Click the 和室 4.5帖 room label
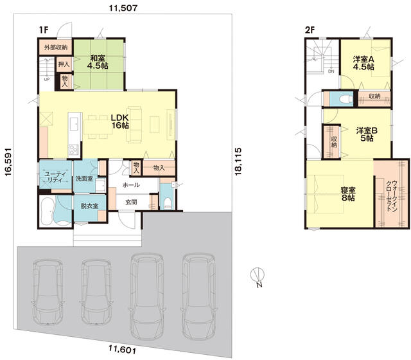[x=98, y=62]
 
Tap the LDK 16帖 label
[x=120, y=122]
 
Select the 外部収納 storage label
[x=56, y=48]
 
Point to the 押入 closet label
[x=64, y=64]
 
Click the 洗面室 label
[x=84, y=179]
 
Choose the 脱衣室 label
[x=89, y=206]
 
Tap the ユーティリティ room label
[x=55, y=177]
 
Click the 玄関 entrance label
[x=131, y=202]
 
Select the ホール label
[x=131, y=185]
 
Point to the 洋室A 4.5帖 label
[x=363, y=63]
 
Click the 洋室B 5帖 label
[x=367, y=134]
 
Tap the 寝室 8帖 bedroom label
[x=348, y=194]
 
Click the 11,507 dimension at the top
[x=123, y=8]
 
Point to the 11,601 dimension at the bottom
[x=123, y=350]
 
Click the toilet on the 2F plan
[x=345, y=99]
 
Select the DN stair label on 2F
[x=331, y=71]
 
